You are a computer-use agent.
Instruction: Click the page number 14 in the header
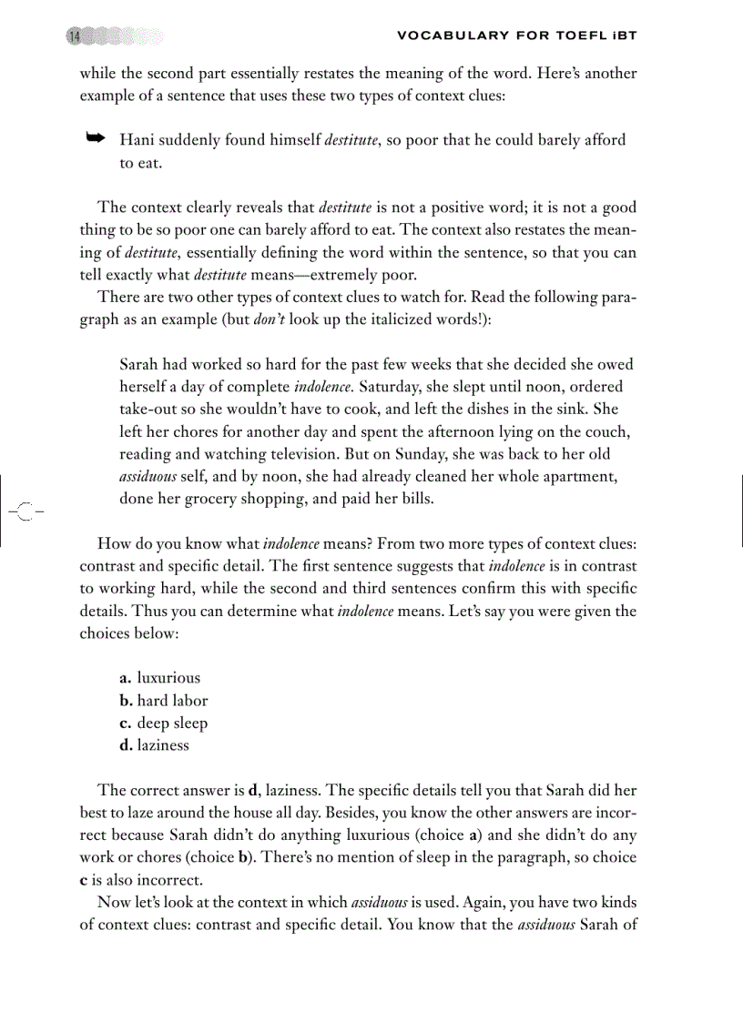75,36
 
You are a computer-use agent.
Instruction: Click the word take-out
151,410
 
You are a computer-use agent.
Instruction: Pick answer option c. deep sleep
163,723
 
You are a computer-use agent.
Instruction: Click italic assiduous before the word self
149,476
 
